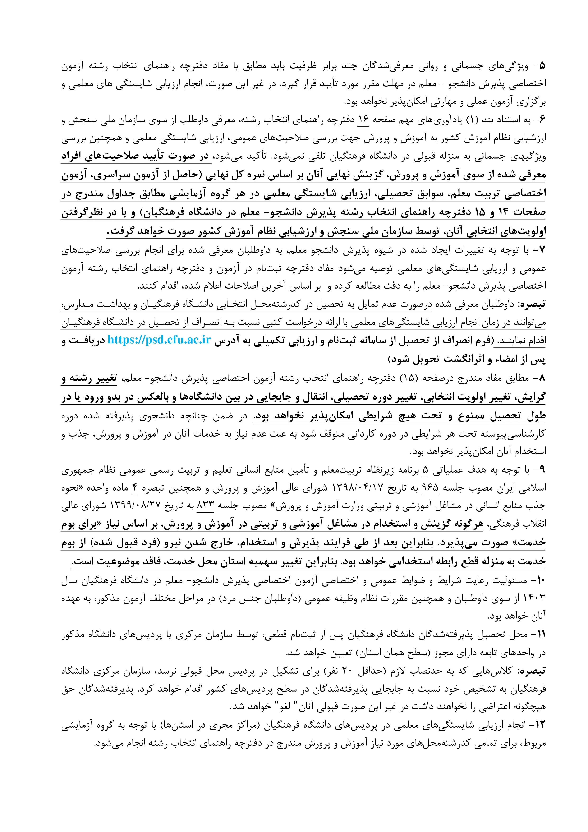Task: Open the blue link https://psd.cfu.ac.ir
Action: coord(159,341)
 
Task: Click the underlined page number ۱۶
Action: coord(363,120)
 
